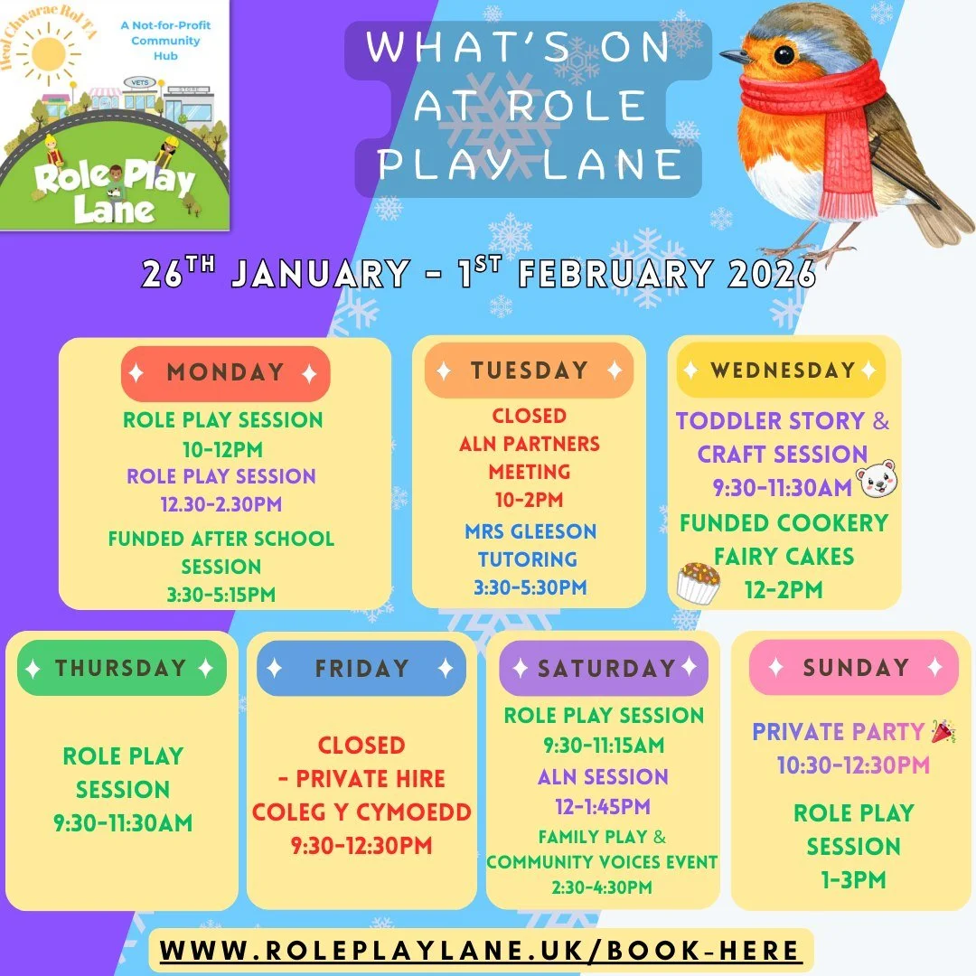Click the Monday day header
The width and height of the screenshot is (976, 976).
(225, 373)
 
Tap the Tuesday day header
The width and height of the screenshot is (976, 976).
(529, 371)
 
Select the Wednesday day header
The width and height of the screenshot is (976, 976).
(782, 371)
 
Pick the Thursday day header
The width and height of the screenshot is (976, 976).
(121, 669)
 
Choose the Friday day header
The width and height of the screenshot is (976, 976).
(361, 669)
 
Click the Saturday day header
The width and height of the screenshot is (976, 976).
(605, 669)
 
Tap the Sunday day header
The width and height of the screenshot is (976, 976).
(854, 668)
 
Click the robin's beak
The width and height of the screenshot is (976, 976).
(737, 56)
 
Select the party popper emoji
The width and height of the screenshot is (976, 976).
(943, 732)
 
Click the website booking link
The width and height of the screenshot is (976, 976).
(480, 951)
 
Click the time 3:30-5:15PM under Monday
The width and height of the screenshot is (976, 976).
(221, 595)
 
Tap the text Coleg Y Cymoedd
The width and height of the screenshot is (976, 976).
(361, 812)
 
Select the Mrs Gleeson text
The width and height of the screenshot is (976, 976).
(530, 531)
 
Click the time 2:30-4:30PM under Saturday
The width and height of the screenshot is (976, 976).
(602, 887)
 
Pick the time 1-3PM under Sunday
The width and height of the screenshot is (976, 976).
(853, 879)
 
